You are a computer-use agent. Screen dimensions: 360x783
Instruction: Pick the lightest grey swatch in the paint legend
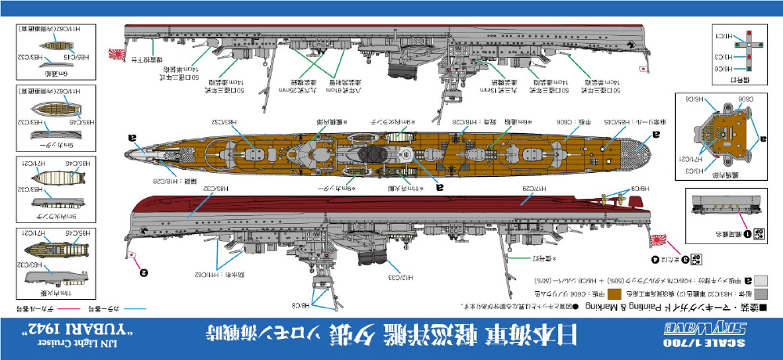click(769, 279)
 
